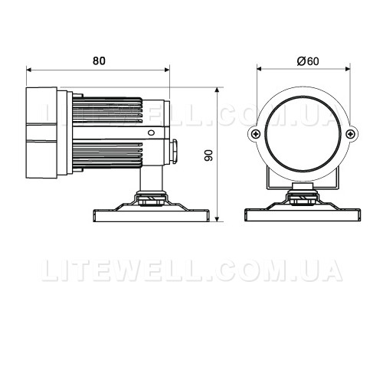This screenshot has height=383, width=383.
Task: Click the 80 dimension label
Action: pos(99,61)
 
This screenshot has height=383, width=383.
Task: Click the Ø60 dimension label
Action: pos(308,61)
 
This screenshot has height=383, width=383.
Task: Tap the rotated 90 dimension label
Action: pos(208,155)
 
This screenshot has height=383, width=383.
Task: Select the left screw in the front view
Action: pos(256,133)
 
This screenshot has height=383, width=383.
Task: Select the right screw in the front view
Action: pos(351,133)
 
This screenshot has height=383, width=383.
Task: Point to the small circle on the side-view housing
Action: pos(151,133)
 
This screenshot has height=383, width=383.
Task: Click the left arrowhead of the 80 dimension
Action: pos(29,70)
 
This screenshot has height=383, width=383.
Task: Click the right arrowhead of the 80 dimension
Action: pos(167,70)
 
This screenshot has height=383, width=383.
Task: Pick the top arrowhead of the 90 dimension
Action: pos(217,90)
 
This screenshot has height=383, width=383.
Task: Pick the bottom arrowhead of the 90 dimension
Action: pos(217,219)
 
